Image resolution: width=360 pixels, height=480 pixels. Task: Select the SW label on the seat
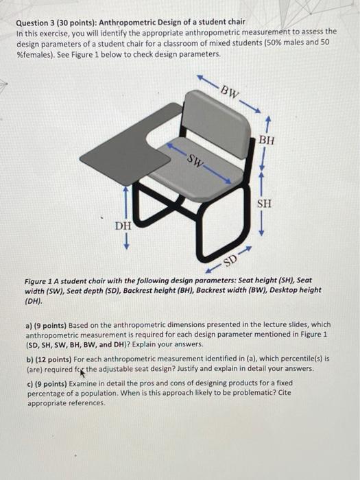click(196, 163)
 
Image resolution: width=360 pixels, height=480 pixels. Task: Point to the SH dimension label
click(264, 204)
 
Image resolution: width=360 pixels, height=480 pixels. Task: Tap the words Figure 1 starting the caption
click(40, 280)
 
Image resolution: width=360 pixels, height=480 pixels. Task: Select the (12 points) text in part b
click(56, 359)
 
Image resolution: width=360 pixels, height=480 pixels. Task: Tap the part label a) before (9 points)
click(29, 325)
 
